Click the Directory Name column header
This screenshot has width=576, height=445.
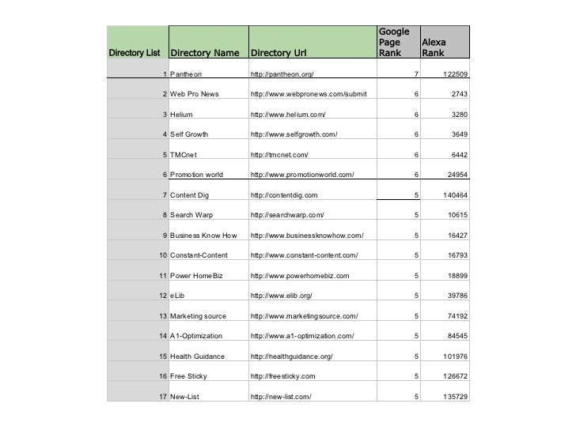pos(204,54)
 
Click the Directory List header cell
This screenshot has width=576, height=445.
pos(135,54)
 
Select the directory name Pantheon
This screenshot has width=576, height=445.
pos(187,74)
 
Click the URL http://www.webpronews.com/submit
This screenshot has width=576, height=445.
pos(308,94)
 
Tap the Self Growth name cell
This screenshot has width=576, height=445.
pos(189,134)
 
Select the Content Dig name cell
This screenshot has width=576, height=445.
pos(189,195)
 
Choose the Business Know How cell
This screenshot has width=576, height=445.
pos(203,236)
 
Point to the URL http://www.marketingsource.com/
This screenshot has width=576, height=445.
pos(304,316)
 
